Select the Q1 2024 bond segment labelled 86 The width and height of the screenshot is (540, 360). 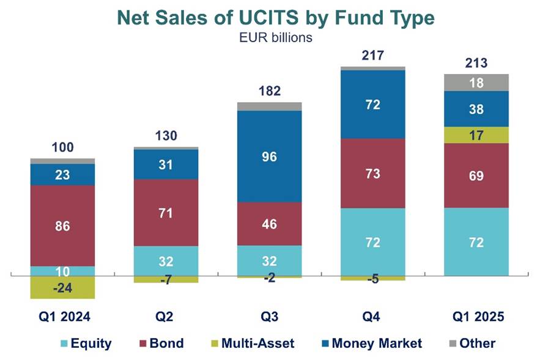(62, 226)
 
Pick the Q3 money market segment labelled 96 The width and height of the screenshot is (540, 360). (269, 156)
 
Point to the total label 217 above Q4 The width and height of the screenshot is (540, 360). (372, 56)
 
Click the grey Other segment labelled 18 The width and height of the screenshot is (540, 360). (476, 83)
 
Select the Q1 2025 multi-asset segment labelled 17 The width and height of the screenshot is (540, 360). (476, 134)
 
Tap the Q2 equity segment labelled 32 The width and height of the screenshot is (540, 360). (166, 261)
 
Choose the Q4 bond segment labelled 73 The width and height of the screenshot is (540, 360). (372, 174)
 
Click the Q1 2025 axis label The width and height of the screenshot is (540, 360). (476, 317)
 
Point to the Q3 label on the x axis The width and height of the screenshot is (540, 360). (269, 317)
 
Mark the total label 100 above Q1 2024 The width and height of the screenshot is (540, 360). (62, 147)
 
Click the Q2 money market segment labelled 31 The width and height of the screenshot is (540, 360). (166, 164)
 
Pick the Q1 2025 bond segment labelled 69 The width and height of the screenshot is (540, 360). (476, 176)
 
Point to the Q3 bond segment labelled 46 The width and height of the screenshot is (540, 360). (269, 224)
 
